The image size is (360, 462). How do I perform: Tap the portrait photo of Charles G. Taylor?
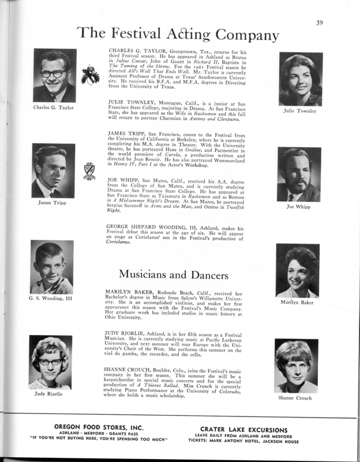coord(55,76)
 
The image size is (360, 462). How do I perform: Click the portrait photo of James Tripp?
coord(54,170)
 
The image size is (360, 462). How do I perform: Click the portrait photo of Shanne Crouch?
coord(297,366)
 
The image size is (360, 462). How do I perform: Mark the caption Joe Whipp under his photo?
coord(299,206)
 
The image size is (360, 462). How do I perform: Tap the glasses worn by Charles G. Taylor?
coord(54,73)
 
